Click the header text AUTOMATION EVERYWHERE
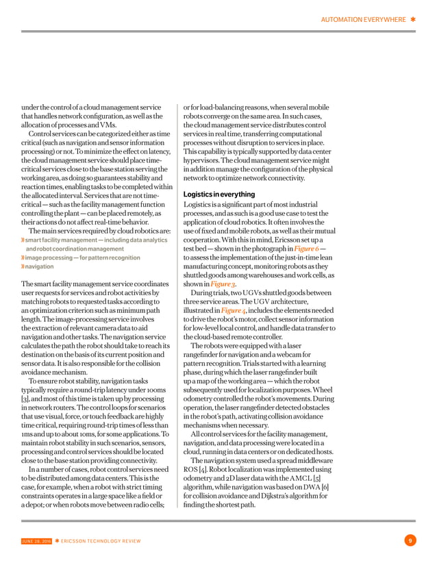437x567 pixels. point(363,20)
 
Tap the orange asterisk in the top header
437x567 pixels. point(413,20)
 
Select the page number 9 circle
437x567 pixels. point(410,541)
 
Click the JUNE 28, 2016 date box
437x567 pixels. point(36,541)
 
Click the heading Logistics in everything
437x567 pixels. point(219,194)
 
